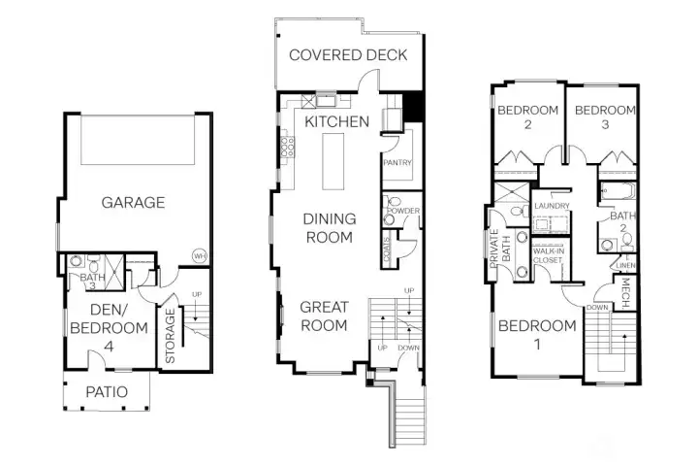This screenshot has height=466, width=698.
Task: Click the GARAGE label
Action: tap(133, 203)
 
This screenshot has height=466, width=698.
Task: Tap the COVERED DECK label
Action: tap(348, 55)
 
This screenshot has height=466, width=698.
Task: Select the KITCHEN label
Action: tap(336, 121)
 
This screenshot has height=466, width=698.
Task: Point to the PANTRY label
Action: tap(398, 163)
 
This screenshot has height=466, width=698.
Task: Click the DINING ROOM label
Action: tap(330, 227)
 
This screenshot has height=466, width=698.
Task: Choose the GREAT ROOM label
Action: tap(323, 316)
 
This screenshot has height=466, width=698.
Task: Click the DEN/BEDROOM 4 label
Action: tap(109, 328)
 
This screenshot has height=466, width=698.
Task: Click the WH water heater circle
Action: tap(200, 256)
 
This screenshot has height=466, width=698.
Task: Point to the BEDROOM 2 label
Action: tap(528, 117)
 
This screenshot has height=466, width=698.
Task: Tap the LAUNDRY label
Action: tap(552, 206)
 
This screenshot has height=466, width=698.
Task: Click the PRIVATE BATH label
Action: tap(500, 247)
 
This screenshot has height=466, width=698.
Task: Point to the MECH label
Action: tap(625, 289)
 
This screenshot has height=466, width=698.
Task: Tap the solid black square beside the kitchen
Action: tap(413, 105)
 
